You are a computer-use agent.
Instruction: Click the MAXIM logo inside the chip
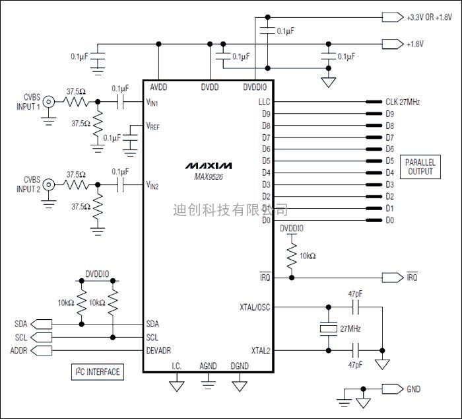(209, 165)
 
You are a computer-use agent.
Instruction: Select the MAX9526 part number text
(209, 176)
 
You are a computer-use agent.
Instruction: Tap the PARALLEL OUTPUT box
(420, 167)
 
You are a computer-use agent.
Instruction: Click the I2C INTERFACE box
(98, 372)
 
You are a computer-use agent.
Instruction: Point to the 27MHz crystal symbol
(328, 328)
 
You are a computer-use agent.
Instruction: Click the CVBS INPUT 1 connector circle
(49, 102)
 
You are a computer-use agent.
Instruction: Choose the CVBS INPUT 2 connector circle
(49, 185)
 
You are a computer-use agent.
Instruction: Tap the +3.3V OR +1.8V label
(429, 17)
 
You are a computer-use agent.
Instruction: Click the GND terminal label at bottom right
(413, 389)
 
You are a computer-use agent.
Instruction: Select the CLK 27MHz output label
(403, 102)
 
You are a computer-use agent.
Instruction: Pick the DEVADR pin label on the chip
(158, 350)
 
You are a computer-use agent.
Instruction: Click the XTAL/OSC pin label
(255, 307)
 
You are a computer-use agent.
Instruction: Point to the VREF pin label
(152, 126)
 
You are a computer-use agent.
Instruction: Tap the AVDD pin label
(158, 87)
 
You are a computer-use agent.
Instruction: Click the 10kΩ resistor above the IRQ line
(292, 255)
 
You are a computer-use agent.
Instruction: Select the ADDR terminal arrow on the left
(41, 350)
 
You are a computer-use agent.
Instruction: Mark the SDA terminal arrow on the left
(41, 324)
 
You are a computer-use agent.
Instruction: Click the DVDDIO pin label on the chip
(255, 87)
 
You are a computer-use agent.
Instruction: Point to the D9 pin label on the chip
(266, 114)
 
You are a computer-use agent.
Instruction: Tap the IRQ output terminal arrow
(393, 278)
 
